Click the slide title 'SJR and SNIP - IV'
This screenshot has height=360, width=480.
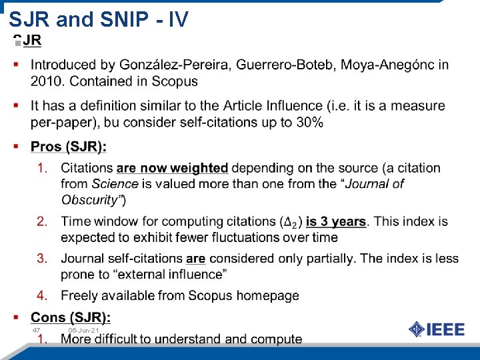[99, 20]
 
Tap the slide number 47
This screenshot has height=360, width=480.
[37, 331]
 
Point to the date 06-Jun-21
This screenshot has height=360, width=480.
[83, 331]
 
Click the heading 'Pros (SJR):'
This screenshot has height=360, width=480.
[69, 147]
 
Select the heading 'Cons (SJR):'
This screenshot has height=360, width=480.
[71, 317]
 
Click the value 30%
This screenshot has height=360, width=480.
[309, 122]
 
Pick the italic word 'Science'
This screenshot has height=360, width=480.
[115, 183]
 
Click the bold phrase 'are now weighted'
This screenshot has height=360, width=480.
[172, 168]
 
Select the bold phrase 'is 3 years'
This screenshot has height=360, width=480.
[336, 221]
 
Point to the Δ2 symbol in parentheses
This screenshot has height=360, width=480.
[291, 222]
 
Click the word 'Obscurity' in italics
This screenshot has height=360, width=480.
[91, 199]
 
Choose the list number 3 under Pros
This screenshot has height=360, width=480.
[42, 258]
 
